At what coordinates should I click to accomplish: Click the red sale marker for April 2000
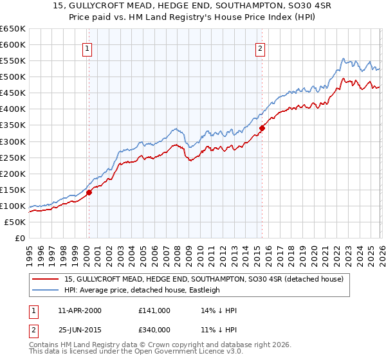pos(89,192)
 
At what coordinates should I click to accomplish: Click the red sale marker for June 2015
pos(262,128)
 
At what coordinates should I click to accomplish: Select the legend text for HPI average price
pos(142,290)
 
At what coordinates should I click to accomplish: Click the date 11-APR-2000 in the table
pos(79,310)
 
